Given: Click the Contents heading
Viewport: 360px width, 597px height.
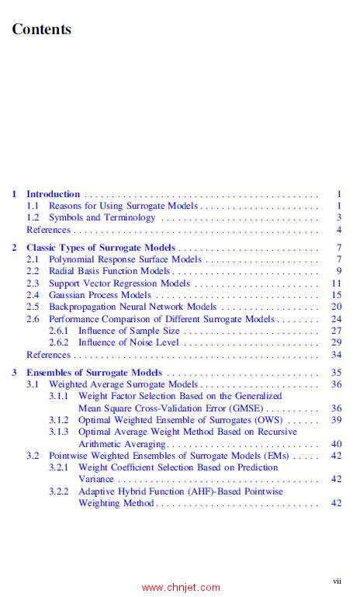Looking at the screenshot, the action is click(41, 30).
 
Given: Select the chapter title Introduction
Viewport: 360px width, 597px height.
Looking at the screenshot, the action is click(53, 194).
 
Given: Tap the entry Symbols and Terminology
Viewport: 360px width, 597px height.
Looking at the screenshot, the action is click(102, 218).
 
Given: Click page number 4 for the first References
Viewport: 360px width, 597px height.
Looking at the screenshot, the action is click(339, 230).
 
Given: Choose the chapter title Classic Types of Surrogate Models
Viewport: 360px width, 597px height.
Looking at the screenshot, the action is click(100, 248).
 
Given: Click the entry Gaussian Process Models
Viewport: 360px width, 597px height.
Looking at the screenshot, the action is click(100, 295).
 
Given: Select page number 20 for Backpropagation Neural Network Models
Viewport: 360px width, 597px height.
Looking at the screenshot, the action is click(337, 307).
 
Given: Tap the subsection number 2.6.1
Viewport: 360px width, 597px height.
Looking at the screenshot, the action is click(59, 331).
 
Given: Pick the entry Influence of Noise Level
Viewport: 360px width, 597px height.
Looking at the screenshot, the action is click(129, 342).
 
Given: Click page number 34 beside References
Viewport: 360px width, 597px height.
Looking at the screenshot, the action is click(337, 355).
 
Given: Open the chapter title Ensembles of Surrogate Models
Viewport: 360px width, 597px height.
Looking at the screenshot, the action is click(94, 373).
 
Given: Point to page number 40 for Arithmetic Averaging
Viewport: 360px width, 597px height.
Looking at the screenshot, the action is click(337, 444).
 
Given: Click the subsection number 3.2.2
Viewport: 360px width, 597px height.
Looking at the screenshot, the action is click(59, 491).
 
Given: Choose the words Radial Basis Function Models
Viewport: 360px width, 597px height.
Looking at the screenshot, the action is click(109, 271).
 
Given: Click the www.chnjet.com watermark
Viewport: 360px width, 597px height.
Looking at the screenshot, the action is click(181, 588).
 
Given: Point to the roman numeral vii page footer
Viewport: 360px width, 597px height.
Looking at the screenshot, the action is click(337, 580).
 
